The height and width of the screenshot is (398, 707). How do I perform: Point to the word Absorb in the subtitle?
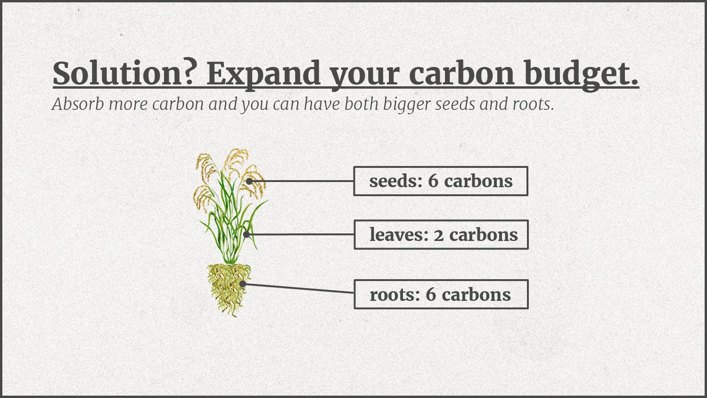[x=78, y=104]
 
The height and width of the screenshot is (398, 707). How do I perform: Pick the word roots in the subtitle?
[x=533, y=105]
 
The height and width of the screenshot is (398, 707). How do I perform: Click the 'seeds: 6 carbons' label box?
[x=441, y=181]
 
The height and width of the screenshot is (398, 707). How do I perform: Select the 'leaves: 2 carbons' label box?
[x=441, y=235]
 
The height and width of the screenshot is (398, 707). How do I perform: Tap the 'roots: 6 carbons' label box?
[x=441, y=294]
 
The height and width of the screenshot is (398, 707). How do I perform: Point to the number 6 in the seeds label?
[x=433, y=181]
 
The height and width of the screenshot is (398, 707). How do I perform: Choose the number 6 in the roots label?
[x=431, y=294]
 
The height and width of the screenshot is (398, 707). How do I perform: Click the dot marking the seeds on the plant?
[x=249, y=181]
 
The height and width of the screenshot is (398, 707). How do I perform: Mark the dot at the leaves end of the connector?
[x=247, y=234]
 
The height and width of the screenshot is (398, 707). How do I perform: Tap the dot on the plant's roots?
[x=242, y=284]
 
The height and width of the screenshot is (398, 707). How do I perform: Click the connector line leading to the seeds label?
[x=302, y=181]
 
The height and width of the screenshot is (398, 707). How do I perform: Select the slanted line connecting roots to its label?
[x=298, y=289]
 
